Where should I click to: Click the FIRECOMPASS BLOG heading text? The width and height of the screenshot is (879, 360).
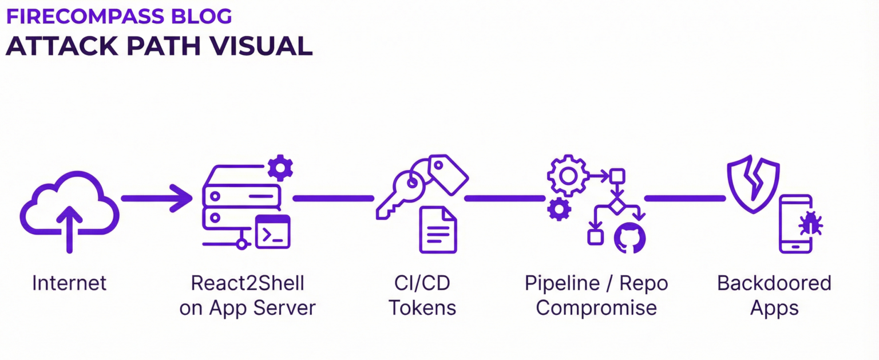119,17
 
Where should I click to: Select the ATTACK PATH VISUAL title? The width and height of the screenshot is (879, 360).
159,46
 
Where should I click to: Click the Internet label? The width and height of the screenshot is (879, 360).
69,283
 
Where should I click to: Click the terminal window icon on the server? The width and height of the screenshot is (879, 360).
272,232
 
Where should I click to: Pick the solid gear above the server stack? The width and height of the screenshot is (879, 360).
280,168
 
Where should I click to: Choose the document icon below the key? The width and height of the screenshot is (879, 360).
438,230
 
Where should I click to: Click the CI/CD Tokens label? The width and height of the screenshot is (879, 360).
422,295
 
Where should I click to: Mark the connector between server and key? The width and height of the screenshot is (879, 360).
333,198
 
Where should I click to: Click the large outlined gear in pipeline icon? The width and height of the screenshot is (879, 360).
568,175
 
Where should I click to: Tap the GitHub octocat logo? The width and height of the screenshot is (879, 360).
629,238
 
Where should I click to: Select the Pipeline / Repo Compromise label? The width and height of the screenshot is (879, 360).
596,295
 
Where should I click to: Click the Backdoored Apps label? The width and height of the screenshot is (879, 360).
774,295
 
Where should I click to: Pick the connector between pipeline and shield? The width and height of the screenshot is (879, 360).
685,198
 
